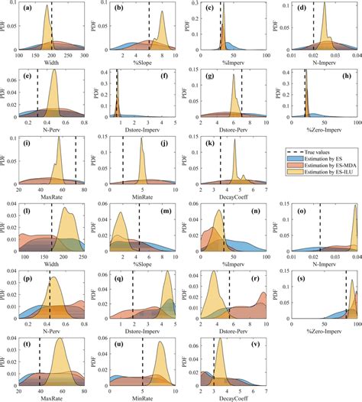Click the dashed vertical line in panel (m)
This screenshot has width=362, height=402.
click(x=139, y=229)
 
